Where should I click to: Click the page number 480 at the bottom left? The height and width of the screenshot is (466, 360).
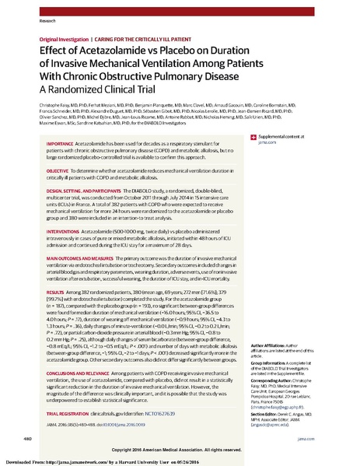pos(29,438)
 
